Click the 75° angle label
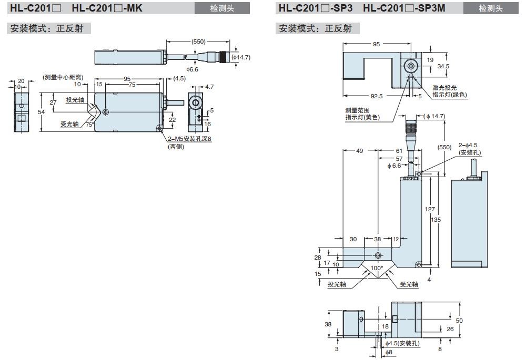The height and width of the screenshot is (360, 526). [x=90, y=125]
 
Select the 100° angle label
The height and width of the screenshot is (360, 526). [x=377, y=268]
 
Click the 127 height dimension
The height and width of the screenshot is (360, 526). [x=429, y=210]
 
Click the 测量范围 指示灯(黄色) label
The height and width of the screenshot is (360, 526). [x=362, y=114]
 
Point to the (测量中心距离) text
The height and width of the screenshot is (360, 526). [x=63, y=78]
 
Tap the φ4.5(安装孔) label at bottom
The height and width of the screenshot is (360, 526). [x=403, y=343]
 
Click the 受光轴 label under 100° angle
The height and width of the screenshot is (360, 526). [x=409, y=284]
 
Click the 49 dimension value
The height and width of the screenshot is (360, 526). [x=360, y=151]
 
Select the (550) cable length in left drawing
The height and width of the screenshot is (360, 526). [x=198, y=42]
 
